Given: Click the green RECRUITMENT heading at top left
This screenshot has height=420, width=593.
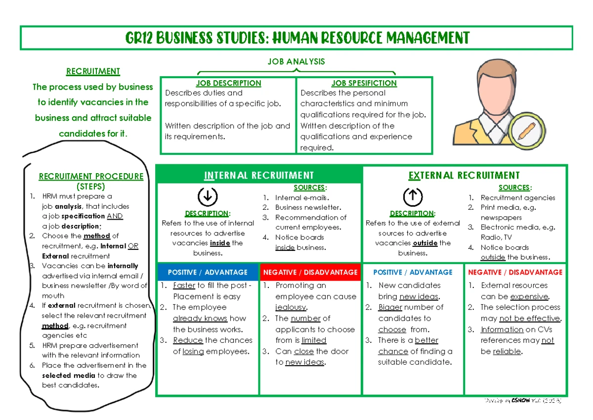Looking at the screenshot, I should tap(93, 71).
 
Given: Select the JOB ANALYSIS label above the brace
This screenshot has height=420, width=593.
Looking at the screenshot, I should tap(296, 61).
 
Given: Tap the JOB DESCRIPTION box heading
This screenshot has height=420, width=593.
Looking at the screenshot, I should tap(228, 83).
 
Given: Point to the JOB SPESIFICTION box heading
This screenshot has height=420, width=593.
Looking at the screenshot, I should tap(364, 83).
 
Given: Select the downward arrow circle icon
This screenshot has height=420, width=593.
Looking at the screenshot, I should tap(207, 197).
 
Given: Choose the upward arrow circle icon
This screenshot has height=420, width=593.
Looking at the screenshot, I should tap(412, 197).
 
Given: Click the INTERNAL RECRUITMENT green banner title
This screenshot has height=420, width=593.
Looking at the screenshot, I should tap(259, 175).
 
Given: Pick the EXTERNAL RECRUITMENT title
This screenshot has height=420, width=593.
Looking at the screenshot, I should tap(464, 175).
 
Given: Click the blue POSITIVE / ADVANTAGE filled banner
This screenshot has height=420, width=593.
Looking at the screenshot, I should tap(208, 272).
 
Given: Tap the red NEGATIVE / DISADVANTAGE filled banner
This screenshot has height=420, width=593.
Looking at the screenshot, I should tap(310, 272).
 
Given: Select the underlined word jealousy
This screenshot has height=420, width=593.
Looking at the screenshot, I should tap(291, 307).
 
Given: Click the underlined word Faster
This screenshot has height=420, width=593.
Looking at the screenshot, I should tap(184, 285).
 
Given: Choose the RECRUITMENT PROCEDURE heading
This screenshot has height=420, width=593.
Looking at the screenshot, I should tap(91, 176).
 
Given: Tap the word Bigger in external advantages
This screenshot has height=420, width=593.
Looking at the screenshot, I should tap(390, 307).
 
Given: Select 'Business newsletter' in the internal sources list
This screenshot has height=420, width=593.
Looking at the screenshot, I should tap(307, 207).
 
